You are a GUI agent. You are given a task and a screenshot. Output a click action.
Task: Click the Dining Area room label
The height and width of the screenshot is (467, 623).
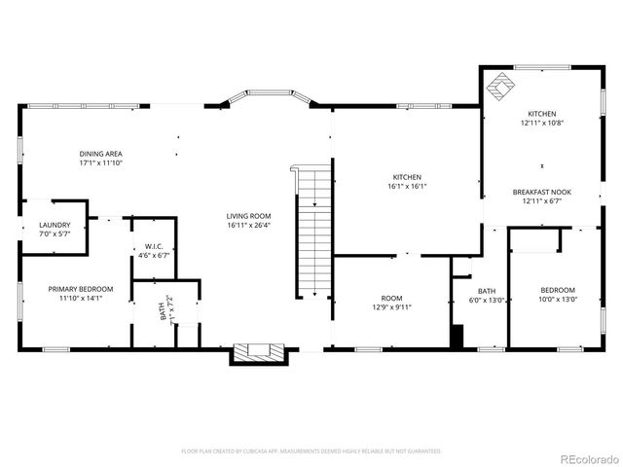100,154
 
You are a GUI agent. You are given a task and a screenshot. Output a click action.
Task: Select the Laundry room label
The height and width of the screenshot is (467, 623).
55,225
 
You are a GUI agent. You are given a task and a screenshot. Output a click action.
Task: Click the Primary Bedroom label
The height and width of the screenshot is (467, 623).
81,289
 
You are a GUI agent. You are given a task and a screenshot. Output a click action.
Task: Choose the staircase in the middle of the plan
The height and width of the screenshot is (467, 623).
313,233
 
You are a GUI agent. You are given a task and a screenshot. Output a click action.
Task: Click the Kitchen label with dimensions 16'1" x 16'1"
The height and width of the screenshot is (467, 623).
406,177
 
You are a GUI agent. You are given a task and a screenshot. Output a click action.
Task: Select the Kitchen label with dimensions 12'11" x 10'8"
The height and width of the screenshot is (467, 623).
542,114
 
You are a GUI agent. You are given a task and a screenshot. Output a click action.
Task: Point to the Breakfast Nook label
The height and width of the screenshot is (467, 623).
541,193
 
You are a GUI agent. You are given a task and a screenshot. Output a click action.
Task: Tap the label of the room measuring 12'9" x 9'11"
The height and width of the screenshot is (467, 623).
391,299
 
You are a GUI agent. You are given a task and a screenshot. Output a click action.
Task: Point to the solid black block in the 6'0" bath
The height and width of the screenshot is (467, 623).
457,335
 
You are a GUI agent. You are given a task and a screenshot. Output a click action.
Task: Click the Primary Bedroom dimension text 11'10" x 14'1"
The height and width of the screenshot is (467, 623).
81,299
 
